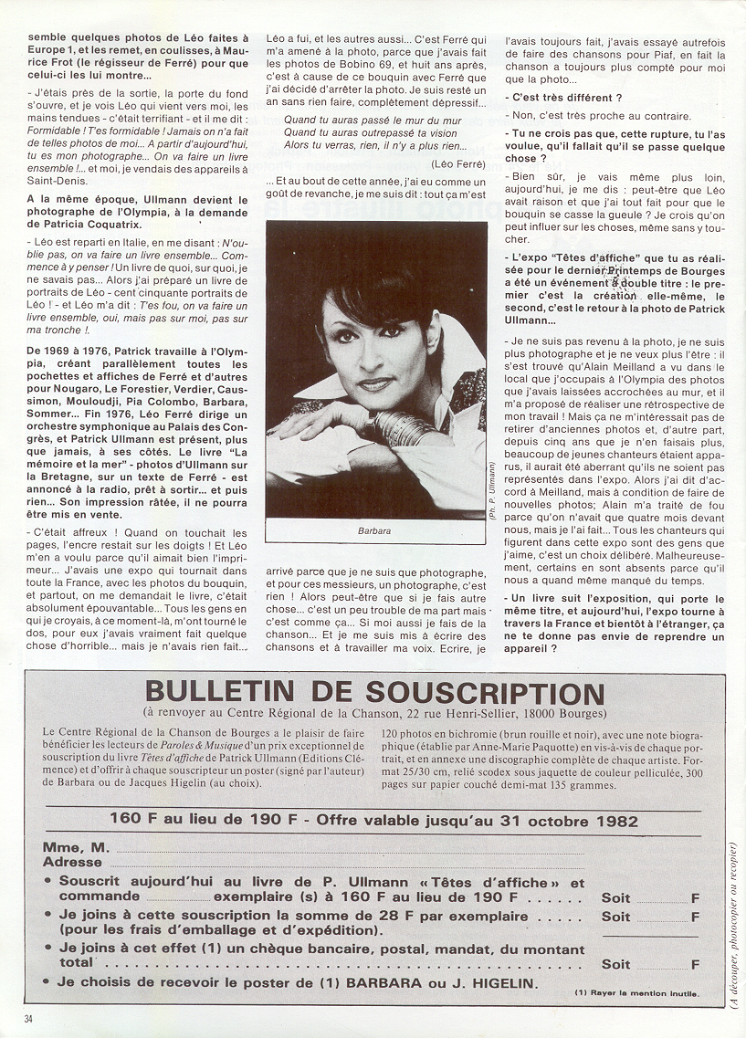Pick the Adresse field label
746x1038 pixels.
pos(72,862)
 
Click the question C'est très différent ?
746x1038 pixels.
pos(567,97)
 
